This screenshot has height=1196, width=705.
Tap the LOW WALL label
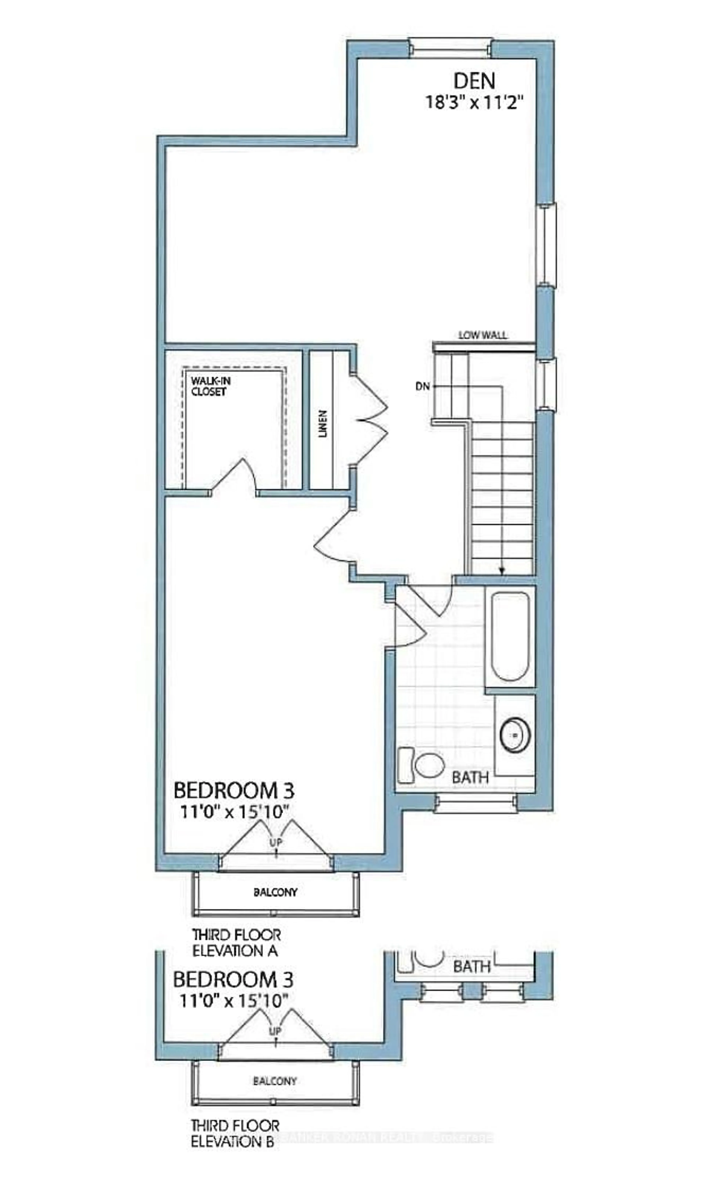(482, 335)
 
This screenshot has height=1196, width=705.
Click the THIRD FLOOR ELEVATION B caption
(235, 1131)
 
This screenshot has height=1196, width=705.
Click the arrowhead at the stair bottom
(502, 571)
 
